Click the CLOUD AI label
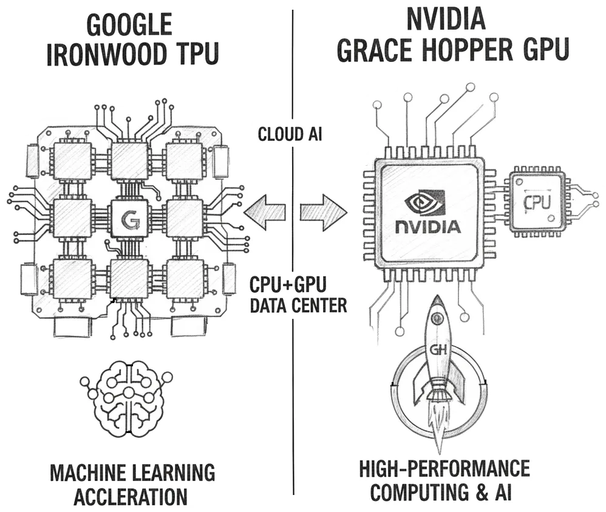[289, 134]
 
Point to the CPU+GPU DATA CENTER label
[298, 295]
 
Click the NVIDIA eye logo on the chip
[427, 202]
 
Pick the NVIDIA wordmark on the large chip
[427, 227]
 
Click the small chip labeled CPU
[537, 201]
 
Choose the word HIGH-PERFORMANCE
[444, 469]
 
